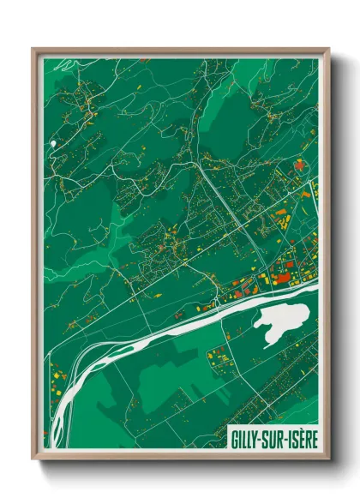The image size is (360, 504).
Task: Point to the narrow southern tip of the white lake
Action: coord(269,344)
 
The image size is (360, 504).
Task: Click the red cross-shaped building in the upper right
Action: coord(299,165)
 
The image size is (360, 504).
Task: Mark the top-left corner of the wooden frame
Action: coord(33,49)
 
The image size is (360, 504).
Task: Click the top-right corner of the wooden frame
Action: coord(328,49)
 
